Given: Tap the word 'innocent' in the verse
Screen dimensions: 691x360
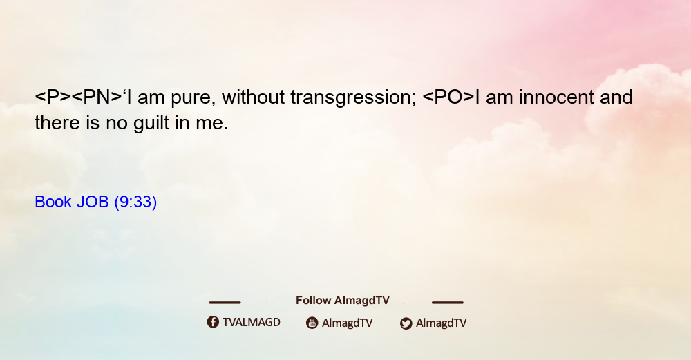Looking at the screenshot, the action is [x=556, y=97].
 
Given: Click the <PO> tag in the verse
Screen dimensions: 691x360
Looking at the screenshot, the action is [x=448, y=97].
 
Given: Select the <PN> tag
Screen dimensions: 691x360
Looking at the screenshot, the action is [x=97, y=97].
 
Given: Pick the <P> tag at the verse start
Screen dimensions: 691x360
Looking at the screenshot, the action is [x=53, y=97].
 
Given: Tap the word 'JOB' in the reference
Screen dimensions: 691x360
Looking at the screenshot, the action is [x=93, y=202].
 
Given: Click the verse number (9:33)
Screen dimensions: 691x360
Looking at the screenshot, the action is [x=135, y=202].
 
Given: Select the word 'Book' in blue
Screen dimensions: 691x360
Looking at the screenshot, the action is [x=53, y=202].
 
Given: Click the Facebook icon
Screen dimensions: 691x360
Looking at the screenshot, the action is [x=213, y=322].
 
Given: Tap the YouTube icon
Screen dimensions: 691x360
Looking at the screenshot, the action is [x=312, y=323].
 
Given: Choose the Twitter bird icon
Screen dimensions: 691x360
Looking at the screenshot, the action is [x=406, y=323].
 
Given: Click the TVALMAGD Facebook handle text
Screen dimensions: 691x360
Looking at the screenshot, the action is [x=252, y=322].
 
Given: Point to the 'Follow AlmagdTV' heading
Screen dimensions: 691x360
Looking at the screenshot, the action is [x=343, y=300].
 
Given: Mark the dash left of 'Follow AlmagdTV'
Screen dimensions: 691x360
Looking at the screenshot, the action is [x=225, y=302].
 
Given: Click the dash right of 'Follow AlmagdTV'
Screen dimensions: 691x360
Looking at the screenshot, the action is [x=447, y=302].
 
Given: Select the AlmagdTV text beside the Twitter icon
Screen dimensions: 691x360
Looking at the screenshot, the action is [x=441, y=323].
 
